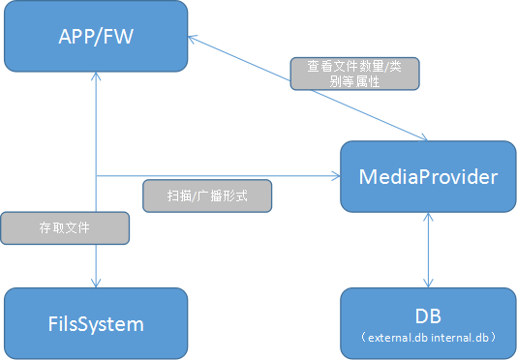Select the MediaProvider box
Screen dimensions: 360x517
click(427, 176)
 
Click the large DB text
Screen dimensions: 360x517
click(426, 316)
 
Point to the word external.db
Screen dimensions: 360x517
click(397, 338)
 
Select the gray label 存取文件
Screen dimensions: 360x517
click(65, 228)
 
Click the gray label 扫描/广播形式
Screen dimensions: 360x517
click(207, 196)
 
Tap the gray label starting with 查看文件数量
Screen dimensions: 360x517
click(354, 74)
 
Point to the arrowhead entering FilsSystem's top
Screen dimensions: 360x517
click(95, 282)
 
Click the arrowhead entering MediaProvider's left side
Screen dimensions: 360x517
click(334, 176)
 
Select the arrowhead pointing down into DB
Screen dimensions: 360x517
click(427, 282)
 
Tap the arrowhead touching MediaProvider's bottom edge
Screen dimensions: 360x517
click(427, 219)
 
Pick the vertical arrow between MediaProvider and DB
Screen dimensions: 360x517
click(427, 250)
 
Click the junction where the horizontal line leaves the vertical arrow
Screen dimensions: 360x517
click(95, 176)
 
